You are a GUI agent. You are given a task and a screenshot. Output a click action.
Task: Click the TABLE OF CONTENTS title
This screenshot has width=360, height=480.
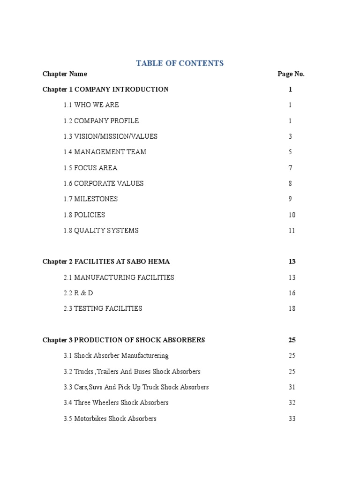pos(180,63)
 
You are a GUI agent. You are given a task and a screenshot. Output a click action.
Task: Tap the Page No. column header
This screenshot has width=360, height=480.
pos(291,74)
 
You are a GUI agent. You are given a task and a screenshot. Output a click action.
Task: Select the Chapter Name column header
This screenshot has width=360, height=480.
pos(65,74)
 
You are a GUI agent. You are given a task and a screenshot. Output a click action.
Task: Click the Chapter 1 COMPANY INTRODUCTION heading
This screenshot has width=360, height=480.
pos(105,90)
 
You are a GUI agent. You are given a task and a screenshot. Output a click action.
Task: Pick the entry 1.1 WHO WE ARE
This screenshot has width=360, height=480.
pos(91,105)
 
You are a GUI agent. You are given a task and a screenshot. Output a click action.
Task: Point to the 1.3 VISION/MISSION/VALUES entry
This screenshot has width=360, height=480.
pos(111,136)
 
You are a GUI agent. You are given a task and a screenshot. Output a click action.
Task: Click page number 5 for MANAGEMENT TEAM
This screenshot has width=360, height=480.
pos(291,152)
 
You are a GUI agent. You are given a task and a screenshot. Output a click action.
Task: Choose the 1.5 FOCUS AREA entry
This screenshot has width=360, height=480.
pos(90,168)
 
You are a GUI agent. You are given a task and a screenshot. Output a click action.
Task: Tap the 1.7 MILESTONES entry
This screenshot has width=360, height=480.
pos(91,199)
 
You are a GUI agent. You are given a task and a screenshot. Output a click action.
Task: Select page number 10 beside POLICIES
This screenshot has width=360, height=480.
pos(292,215)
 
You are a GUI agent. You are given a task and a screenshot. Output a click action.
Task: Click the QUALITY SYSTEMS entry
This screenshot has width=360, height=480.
pos(101,231)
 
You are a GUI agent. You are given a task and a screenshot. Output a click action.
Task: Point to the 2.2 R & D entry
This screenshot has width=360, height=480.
pos(78,293)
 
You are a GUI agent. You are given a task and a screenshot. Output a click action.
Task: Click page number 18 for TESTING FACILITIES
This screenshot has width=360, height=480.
pos(292,309)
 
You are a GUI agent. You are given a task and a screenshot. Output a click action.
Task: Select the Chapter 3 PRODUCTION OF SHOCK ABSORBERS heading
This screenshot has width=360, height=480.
pos(124,340)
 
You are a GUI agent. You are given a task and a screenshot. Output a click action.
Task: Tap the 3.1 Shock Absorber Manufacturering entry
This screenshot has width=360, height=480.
pos(116,356)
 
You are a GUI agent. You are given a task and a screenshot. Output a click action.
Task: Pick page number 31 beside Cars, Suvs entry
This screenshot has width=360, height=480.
pos(292,387)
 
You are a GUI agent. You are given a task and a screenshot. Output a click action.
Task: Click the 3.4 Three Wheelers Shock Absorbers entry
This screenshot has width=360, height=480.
pos(116,403)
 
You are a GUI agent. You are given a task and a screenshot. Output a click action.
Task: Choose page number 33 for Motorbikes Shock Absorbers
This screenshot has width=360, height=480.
pos(292,419)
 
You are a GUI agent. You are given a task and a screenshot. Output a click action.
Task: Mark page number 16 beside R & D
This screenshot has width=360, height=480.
pos(292,293)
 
